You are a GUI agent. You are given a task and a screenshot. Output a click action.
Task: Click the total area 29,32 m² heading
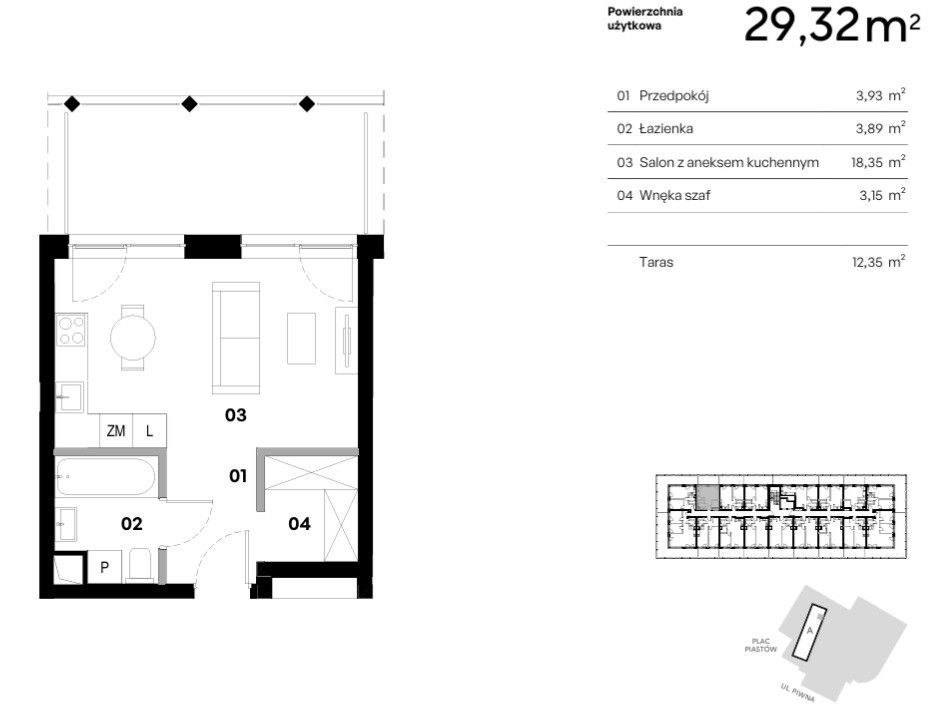click(832, 26)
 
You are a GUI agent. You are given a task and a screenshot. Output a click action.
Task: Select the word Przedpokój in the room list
click(674, 96)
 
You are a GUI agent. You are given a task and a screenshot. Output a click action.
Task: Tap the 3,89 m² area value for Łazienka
click(880, 128)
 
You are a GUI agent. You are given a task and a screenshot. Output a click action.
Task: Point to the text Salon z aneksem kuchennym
click(729, 162)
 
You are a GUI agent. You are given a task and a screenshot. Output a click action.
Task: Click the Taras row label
click(656, 262)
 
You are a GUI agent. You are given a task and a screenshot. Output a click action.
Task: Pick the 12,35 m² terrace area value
click(879, 262)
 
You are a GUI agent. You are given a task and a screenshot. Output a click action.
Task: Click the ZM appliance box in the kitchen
click(116, 431)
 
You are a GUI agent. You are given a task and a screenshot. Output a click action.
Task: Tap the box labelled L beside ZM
click(150, 431)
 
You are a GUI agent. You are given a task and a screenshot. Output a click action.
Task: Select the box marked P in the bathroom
click(105, 566)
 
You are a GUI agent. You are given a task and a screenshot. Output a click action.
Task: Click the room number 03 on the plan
click(236, 415)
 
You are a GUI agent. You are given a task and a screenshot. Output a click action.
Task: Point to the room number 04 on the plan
click(299, 524)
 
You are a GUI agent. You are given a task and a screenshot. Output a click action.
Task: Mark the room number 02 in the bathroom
click(132, 524)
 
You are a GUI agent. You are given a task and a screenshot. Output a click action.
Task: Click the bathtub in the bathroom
click(106, 476)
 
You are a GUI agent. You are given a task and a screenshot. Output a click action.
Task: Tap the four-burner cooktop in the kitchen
click(71, 330)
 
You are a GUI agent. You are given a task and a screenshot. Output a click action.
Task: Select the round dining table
click(133, 337)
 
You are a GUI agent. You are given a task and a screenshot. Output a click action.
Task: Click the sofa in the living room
click(236, 338)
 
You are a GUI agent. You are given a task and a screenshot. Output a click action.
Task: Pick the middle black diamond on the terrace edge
click(189, 104)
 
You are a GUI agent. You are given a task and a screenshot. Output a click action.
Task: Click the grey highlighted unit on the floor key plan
click(707, 498)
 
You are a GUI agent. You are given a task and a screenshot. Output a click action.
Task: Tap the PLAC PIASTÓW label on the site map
click(761, 645)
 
